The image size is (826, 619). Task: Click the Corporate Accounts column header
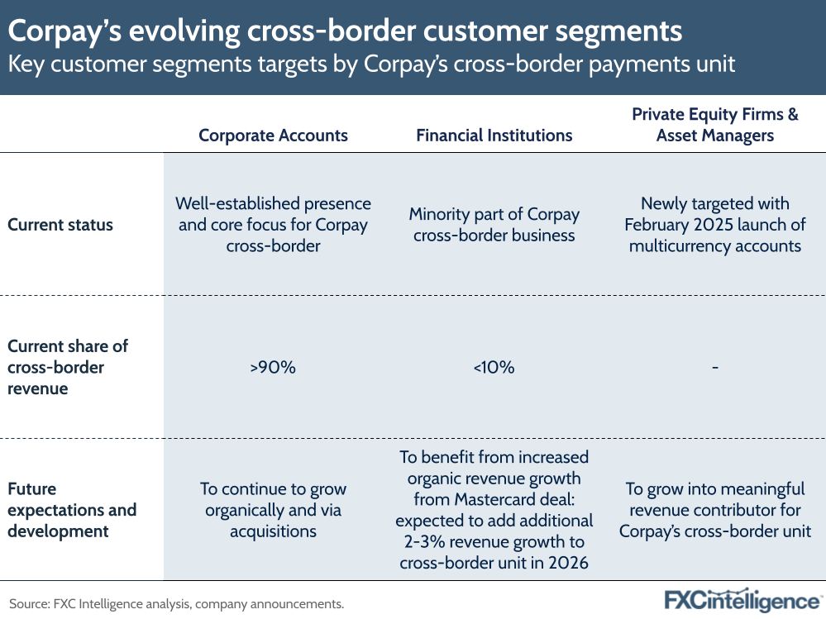[273, 136]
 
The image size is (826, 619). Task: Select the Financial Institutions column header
[494, 136]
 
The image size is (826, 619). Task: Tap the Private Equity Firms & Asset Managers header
[715, 125]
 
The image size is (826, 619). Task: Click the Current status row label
[60, 225]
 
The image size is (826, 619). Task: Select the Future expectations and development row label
[71, 509]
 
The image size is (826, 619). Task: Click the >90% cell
[273, 367]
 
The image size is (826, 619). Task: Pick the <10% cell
[494, 367]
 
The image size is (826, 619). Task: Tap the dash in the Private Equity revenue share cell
[714, 367]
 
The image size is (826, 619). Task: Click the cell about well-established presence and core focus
[273, 225]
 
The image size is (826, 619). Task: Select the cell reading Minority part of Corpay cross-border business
[494, 225]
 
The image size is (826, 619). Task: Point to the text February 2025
[669, 225]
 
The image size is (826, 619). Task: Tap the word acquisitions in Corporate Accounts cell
[273, 531]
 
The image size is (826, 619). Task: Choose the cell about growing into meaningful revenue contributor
[715, 510]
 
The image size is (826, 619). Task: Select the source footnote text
[176, 603]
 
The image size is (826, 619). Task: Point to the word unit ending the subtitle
[714, 64]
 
